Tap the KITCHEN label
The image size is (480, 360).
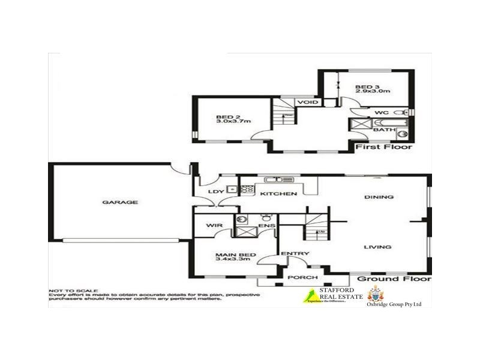pos(278,194)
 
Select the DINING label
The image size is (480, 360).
pos(379,197)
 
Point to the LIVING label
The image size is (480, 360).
pos(378,247)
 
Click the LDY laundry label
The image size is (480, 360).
pos(215,191)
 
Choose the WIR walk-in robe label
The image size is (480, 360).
pos(215,226)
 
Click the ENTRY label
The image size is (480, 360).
pos(295,253)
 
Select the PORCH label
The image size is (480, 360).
pos(299,277)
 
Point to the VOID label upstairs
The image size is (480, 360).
pos(307,103)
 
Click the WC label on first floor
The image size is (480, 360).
pos(381,112)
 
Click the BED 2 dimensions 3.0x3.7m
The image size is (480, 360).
pos(233,121)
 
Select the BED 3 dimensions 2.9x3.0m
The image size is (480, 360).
pos(372,92)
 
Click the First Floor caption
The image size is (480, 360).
pos(383,147)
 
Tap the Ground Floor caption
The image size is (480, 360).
pos(394,279)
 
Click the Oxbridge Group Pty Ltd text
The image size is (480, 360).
pos(394,304)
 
